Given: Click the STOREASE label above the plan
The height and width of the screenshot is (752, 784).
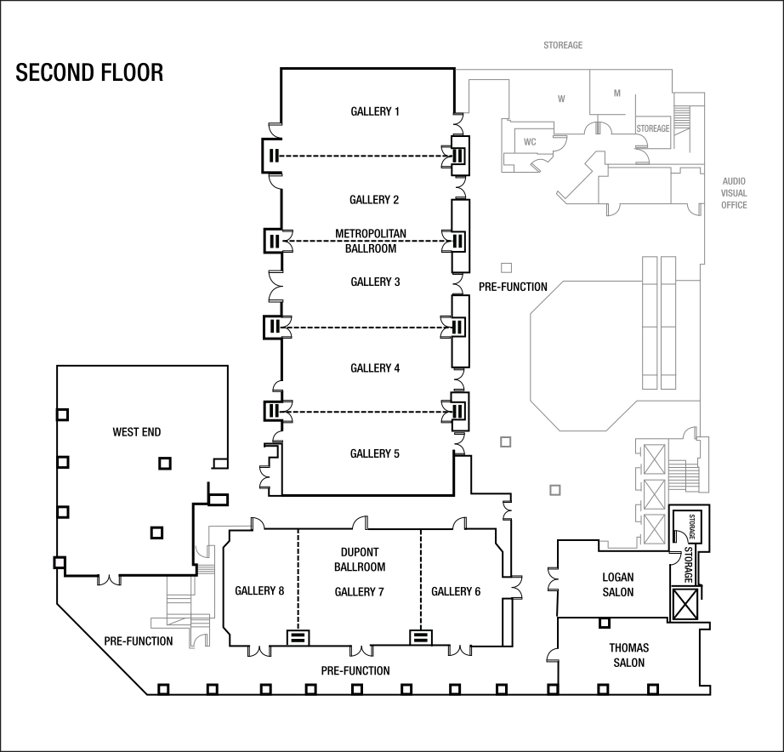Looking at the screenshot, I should coord(563,45).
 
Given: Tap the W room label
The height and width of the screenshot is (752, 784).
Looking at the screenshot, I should coord(561,100).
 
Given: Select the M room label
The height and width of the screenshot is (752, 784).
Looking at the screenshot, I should coord(617,93).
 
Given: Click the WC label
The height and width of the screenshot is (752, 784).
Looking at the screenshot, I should coord(530,142).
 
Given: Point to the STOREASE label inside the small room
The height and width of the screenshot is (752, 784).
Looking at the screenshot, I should coord(653,128).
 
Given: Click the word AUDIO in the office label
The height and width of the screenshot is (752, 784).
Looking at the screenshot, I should coord(734,181).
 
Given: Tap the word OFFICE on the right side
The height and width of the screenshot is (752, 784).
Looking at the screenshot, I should coord(734,205).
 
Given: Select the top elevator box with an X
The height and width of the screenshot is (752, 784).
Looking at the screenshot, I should coord(654,459).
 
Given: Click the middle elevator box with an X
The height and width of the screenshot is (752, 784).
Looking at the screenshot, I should coord(654,493).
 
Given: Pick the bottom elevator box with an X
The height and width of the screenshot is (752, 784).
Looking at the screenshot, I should coord(654,528).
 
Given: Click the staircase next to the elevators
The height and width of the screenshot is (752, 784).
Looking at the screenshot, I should coord(683,476).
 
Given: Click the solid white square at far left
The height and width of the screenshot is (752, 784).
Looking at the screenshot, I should coord(60,562).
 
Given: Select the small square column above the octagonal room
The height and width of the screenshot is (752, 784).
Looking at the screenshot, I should coord(506,267).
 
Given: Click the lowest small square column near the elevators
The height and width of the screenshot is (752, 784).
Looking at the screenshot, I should coord(555,490).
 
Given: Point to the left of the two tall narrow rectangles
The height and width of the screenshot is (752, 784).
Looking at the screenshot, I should coord(650,323).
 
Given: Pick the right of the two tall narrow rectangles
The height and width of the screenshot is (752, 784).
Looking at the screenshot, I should coord(668,323).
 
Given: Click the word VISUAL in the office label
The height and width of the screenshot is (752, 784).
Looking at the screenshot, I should coord(734,193).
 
